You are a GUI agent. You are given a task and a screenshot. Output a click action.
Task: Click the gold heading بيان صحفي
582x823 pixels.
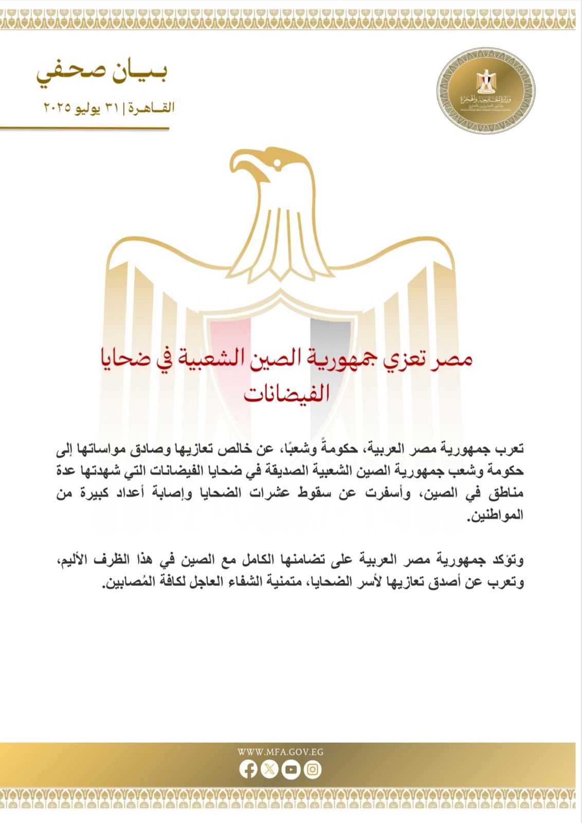102,77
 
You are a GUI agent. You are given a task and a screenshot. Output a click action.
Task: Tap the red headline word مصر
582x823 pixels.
453,360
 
